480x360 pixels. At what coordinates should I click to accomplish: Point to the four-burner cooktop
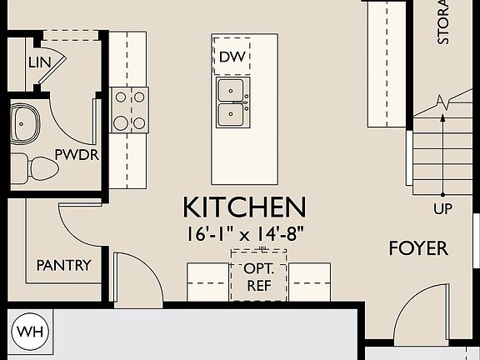pyautogui.click(x=129, y=110)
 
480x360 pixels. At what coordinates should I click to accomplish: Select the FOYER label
pyautogui.click(x=417, y=248)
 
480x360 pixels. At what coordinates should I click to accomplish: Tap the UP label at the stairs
pyautogui.click(x=443, y=208)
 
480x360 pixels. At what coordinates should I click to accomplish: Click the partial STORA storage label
pyautogui.click(x=443, y=23)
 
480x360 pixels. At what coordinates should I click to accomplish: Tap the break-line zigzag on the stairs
pyautogui.click(x=450, y=103)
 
